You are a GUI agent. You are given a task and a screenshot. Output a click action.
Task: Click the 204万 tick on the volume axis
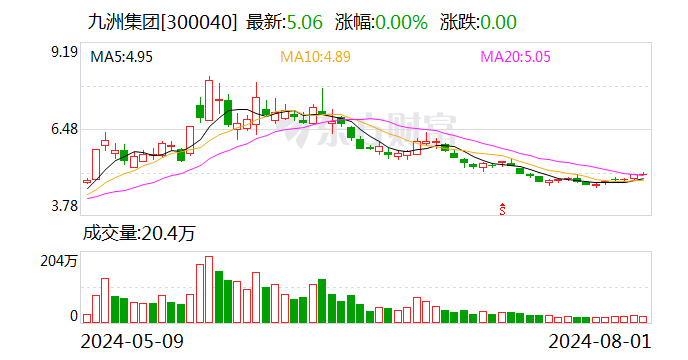point(61,262)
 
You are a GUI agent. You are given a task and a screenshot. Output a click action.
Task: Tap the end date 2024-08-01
point(603,341)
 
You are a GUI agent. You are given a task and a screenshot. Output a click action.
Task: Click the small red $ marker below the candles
point(502,208)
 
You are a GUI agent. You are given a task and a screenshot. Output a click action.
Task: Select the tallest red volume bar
point(209,290)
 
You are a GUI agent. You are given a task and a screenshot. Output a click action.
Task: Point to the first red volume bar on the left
point(87,318)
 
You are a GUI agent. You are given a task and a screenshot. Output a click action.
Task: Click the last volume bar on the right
point(644,319)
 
